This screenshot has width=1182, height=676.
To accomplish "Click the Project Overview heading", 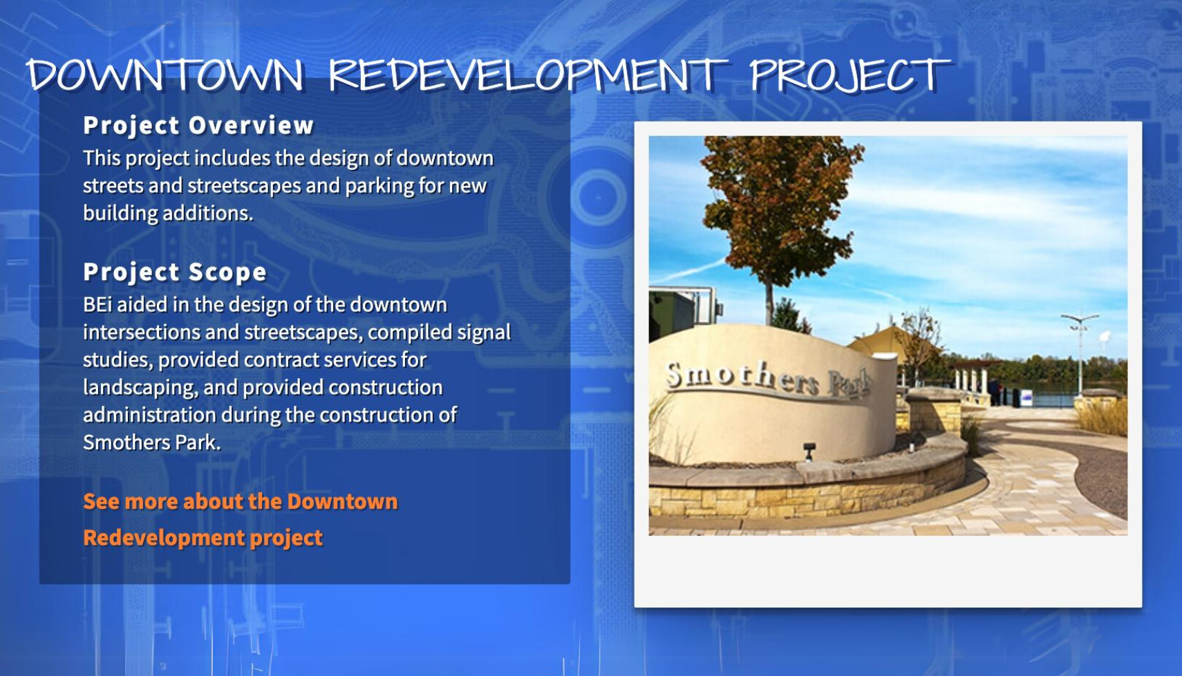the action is (x=198, y=126).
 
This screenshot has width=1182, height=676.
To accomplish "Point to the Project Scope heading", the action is (x=175, y=272).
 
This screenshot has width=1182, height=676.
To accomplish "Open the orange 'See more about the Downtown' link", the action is (x=241, y=501).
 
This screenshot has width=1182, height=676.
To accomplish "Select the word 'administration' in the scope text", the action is (x=149, y=415).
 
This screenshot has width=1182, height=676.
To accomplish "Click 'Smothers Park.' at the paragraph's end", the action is (x=151, y=443).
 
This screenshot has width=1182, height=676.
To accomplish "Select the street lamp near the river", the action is (x=1080, y=354).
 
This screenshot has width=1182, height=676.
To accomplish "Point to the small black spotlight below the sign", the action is (x=809, y=452).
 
